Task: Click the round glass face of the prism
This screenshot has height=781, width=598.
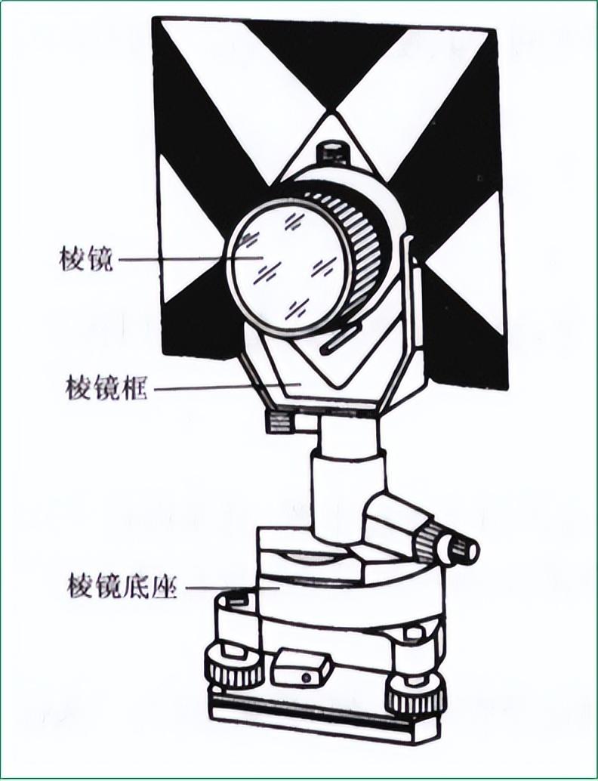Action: pos(287,265)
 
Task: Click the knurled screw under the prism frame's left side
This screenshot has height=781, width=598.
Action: pos(280,419)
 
